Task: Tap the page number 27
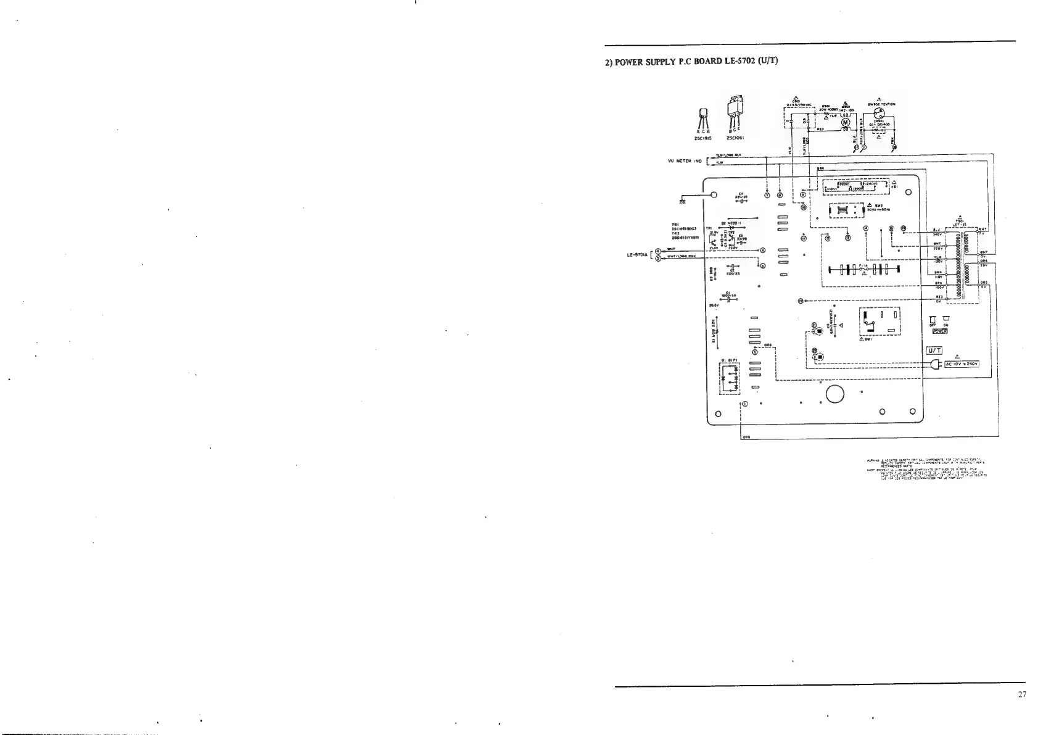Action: [1022, 695]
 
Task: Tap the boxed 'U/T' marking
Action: [935, 351]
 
